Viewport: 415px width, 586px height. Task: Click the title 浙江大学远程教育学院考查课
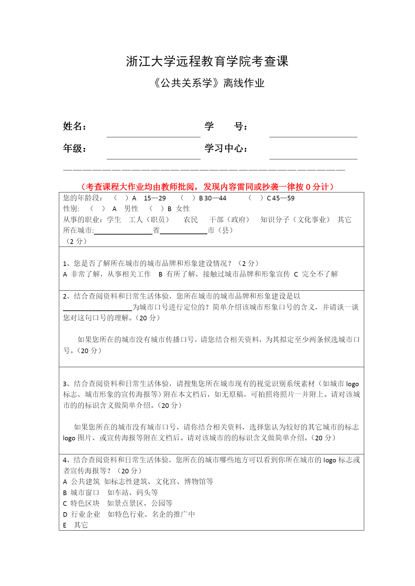click(207, 61)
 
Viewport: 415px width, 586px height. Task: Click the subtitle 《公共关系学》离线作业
click(209, 83)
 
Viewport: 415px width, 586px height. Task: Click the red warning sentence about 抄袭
click(207, 187)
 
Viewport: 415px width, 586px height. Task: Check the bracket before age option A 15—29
click(121, 198)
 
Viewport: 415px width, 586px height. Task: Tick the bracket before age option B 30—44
click(188, 198)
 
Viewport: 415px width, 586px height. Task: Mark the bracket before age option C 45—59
click(255, 198)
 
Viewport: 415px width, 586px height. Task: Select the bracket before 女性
click(157, 209)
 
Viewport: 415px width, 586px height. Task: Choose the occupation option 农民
click(191, 220)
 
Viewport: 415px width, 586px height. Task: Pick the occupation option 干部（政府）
click(229, 220)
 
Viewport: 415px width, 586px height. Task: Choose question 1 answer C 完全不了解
click(316, 274)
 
